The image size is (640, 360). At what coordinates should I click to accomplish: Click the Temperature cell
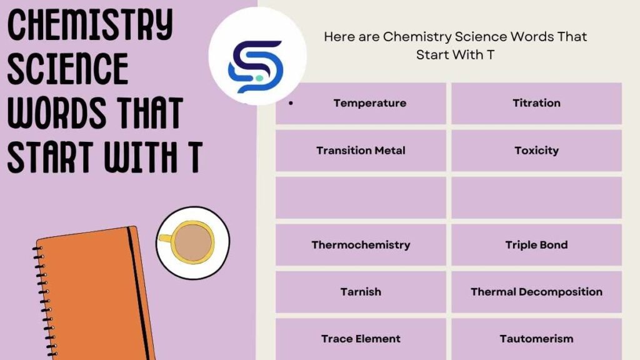pyautogui.click(x=369, y=103)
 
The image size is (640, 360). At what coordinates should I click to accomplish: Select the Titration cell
pyautogui.click(x=536, y=103)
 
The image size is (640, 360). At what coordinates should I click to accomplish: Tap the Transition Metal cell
pyautogui.click(x=361, y=151)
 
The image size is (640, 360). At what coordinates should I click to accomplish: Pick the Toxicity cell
pyautogui.click(x=536, y=151)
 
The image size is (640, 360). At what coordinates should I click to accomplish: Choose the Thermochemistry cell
pyautogui.click(x=361, y=245)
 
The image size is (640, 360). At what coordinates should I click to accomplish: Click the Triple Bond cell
pyautogui.click(x=536, y=245)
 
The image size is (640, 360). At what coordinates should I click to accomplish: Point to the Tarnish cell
pyautogui.click(x=361, y=292)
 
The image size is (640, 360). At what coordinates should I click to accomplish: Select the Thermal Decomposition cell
pyautogui.click(x=536, y=292)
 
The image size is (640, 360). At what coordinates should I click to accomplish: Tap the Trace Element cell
pyautogui.click(x=361, y=339)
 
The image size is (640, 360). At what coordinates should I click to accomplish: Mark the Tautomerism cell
pyautogui.click(x=536, y=339)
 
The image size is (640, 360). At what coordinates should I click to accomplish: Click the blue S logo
pyautogui.click(x=256, y=66)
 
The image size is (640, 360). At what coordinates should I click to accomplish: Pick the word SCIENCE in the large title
pyautogui.click(x=67, y=69)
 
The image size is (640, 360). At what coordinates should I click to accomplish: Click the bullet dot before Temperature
pyautogui.click(x=291, y=103)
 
